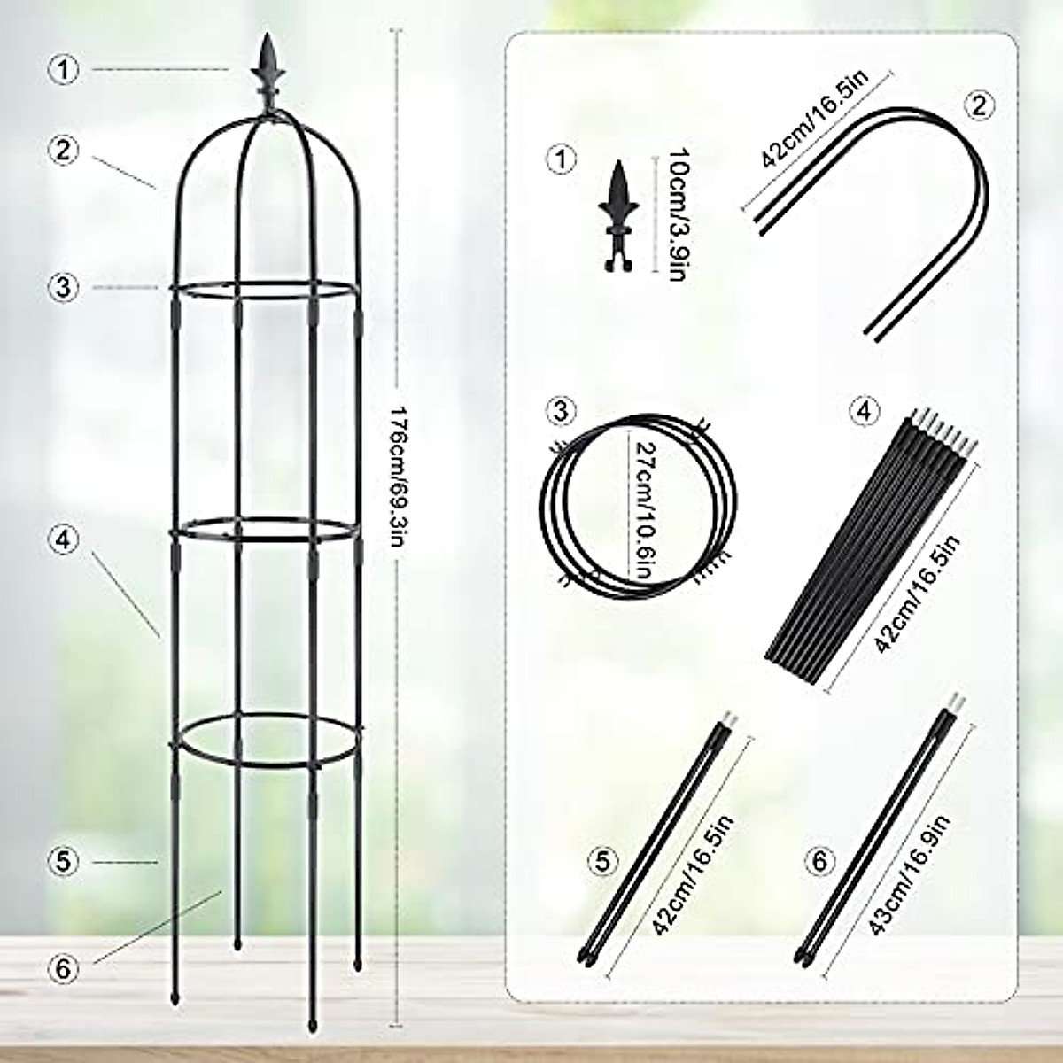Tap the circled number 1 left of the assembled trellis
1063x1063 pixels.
[64, 70]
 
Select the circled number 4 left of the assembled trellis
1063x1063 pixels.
[64, 538]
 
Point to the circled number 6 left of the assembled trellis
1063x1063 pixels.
[64, 969]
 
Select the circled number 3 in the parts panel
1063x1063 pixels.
[561, 410]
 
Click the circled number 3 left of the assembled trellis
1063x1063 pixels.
[64, 287]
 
